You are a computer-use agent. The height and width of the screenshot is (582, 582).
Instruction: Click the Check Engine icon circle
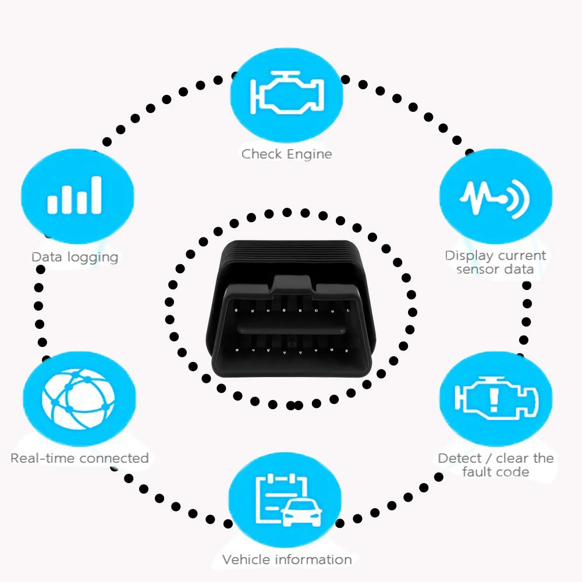(286, 94)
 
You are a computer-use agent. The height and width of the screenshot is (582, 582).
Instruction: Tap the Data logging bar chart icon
(75, 196)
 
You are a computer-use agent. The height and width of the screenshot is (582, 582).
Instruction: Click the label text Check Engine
(286, 154)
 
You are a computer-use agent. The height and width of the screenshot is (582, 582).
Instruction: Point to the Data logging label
(74, 257)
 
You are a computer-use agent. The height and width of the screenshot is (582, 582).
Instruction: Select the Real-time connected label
(80, 458)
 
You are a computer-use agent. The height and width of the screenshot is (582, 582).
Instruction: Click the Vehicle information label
(287, 560)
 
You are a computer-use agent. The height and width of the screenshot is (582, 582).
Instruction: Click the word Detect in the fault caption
(460, 458)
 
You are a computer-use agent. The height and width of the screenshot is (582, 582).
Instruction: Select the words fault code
(495, 472)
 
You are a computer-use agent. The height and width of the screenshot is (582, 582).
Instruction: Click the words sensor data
(495, 269)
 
